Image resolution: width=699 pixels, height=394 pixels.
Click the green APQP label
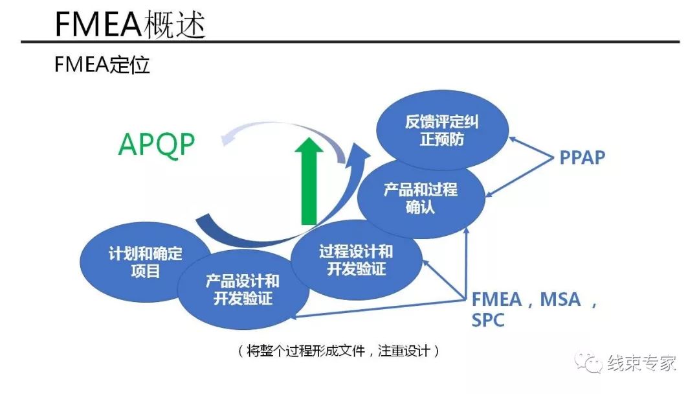pos(156,145)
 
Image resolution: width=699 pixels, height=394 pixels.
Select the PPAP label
pos(582,157)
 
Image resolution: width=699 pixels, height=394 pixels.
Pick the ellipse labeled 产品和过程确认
pos(421,198)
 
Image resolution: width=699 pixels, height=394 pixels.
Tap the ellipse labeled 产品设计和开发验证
pos(243,289)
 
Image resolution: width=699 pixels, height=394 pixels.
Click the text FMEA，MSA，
pos(535,299)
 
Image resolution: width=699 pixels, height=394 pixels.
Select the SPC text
pos(488,320)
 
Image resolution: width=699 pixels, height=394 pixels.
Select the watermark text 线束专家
pos(641,363)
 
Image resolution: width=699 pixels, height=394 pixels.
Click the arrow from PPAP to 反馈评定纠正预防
pos(531,147)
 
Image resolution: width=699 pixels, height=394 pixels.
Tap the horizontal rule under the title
pos(349,42)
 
